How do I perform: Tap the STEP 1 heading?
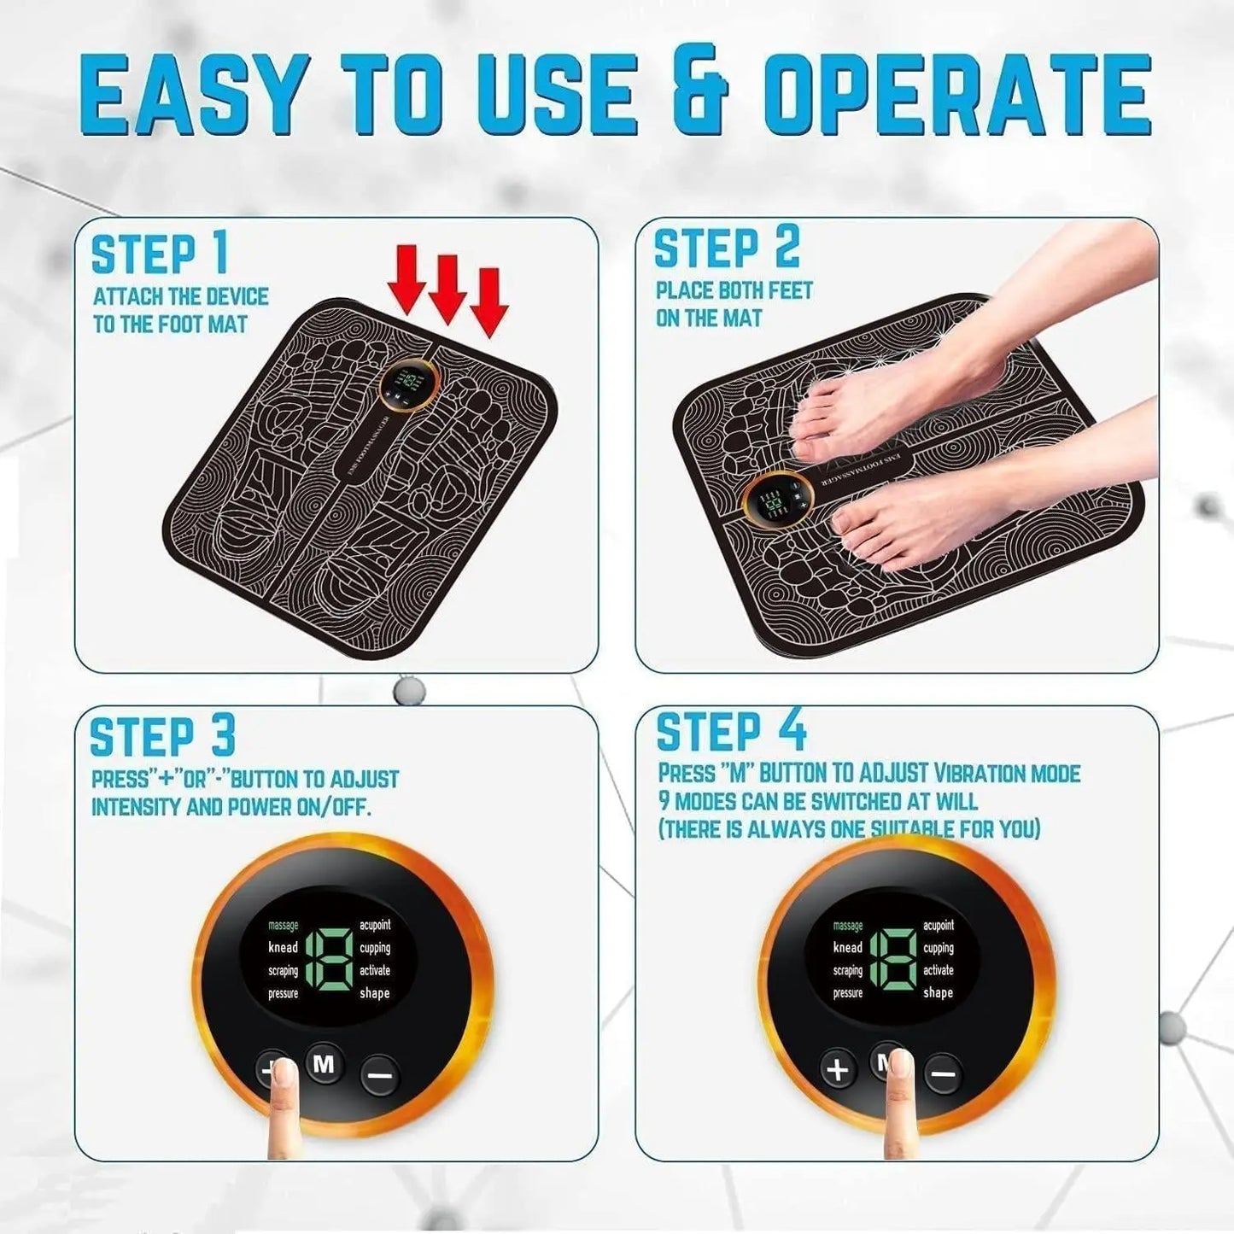160,254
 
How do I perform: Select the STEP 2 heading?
727,249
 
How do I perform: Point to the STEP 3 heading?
162,736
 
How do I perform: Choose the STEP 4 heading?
731,732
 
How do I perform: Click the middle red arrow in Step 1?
446,290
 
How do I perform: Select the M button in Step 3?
325,1064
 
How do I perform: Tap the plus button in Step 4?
839,1069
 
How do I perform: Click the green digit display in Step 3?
329,958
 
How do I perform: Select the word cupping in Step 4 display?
938,948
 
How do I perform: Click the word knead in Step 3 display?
283,947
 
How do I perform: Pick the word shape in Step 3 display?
374,993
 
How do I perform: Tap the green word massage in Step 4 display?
847,926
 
